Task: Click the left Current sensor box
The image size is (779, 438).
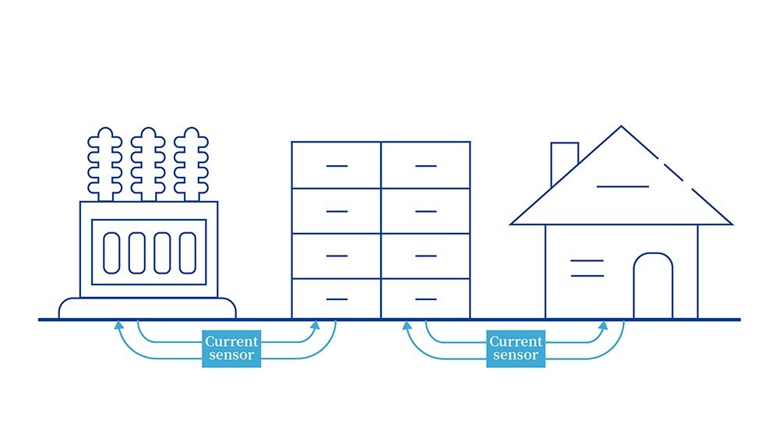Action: [x=231, y=348]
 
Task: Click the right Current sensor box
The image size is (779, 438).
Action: [x=516, y=348]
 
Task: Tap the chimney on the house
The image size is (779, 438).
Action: [x=564, y=161]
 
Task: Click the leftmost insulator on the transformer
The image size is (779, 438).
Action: [x=105, y=164]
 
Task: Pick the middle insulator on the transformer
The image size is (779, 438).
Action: [x=148, y=164]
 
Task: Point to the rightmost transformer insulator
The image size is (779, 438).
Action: [x=192, y=164]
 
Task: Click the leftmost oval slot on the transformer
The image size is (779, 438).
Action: [x=111, y=253]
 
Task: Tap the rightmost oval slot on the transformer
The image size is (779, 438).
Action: [x=187, y=253]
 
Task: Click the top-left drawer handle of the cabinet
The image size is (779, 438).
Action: [x=337, y=165]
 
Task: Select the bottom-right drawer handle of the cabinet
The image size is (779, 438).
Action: [x=426, y=299]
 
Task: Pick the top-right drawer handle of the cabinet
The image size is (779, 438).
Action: [x=426, y=165]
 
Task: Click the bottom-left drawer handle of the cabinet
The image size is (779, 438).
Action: [x=337, y=299]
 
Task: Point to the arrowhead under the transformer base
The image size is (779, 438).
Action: [x=118, y=325]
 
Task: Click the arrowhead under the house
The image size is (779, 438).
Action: [x=603, y=325]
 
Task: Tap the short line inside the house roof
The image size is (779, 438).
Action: [x=622, y=186]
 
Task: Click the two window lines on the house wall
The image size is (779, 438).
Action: [x=587, y=268]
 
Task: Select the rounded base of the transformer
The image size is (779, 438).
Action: [x=147, y=308]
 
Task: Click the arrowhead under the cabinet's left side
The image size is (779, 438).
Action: [x=315, y=325]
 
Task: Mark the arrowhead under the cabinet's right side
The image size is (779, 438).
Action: [x=407, y=325]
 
